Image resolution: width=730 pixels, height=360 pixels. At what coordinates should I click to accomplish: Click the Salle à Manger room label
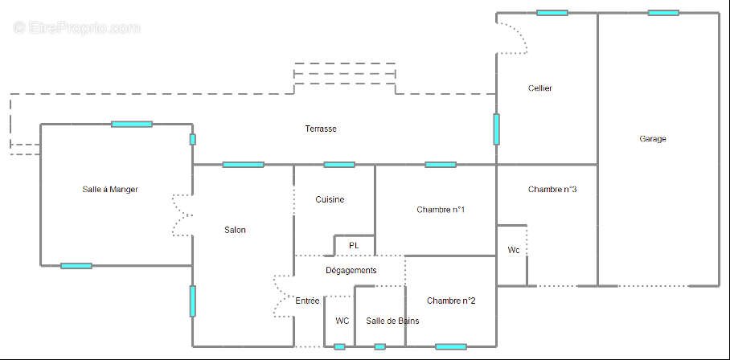point(110,190)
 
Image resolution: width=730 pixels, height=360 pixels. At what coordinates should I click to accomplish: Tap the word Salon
point(235,231)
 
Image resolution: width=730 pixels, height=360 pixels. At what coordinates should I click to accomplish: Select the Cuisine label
point(330,200)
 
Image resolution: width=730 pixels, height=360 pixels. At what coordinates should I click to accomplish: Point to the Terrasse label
point(320,129)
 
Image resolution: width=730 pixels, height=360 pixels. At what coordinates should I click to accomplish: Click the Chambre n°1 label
point(441,210)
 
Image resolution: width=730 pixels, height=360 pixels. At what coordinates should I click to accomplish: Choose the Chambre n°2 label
point(451,301)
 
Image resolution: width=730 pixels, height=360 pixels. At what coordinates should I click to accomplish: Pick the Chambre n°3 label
point(552,190)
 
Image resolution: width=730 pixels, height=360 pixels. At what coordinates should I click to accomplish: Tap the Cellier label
point(539,88)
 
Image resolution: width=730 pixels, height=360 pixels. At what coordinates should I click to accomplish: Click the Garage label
point(653,139)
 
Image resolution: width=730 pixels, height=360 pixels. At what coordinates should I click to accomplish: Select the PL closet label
point(354,246)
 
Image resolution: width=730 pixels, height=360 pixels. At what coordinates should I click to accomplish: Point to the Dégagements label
point(351,271)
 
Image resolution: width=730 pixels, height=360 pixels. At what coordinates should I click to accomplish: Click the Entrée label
point(307,301)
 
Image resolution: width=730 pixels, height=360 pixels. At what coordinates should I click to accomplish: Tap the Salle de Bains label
point(392,321)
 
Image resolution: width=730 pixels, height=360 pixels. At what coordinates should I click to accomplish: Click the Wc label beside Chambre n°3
point(514,251)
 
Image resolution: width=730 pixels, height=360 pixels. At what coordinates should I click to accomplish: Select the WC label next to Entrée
point(342,321)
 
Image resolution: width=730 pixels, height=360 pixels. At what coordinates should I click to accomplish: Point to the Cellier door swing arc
point(515,37)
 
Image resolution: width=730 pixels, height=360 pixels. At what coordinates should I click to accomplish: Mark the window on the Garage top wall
point(662,13)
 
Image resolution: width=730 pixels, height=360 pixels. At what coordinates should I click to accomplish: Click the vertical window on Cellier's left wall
point(496,129)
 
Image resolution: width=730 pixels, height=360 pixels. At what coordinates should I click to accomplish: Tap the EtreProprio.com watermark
point(76,28)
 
